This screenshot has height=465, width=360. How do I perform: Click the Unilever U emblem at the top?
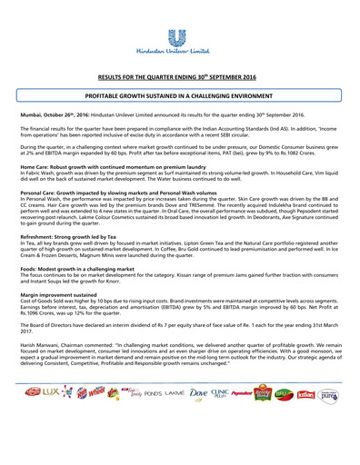(x=179, y=37)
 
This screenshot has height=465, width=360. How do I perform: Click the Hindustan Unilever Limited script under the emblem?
(x=179, y=54)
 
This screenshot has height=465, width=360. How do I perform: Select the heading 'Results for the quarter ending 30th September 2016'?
(x=179, y=79)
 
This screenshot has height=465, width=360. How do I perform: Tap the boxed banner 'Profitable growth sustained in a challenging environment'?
(x=179, y=94)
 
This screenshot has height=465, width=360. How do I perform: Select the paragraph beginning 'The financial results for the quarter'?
(x=179, y=134)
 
